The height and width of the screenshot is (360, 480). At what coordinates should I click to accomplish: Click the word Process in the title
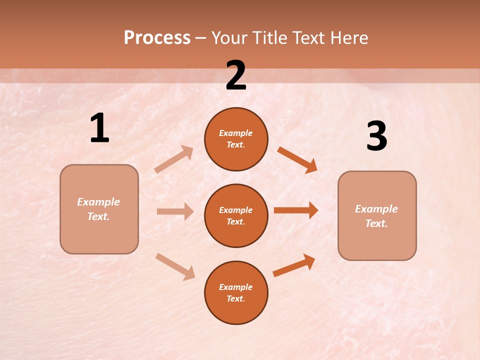157,38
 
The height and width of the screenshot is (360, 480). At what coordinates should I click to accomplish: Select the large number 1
99,128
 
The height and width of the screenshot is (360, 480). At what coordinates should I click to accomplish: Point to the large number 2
236,75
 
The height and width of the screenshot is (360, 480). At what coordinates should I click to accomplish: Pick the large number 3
376,136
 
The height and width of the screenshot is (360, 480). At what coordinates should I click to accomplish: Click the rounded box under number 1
99,209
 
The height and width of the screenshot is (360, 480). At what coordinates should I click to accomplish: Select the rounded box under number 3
377,215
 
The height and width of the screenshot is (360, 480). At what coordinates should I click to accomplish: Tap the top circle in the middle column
236,139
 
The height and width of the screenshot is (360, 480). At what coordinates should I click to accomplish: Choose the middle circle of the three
236,215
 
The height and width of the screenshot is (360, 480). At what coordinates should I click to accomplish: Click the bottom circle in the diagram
236,292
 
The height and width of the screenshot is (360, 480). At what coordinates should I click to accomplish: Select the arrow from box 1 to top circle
174,159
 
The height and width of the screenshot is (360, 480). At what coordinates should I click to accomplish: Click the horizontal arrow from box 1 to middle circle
175,211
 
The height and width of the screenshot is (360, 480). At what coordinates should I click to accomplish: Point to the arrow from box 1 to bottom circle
175,266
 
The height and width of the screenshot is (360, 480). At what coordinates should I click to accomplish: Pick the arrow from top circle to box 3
297,159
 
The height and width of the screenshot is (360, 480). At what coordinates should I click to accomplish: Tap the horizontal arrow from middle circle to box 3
296,210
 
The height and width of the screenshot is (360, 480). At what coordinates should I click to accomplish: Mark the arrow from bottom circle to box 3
294,265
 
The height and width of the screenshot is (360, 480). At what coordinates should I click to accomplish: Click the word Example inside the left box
98,202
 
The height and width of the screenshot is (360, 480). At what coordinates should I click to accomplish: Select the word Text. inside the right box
376,223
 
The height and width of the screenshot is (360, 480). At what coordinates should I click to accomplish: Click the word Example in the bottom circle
235,287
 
